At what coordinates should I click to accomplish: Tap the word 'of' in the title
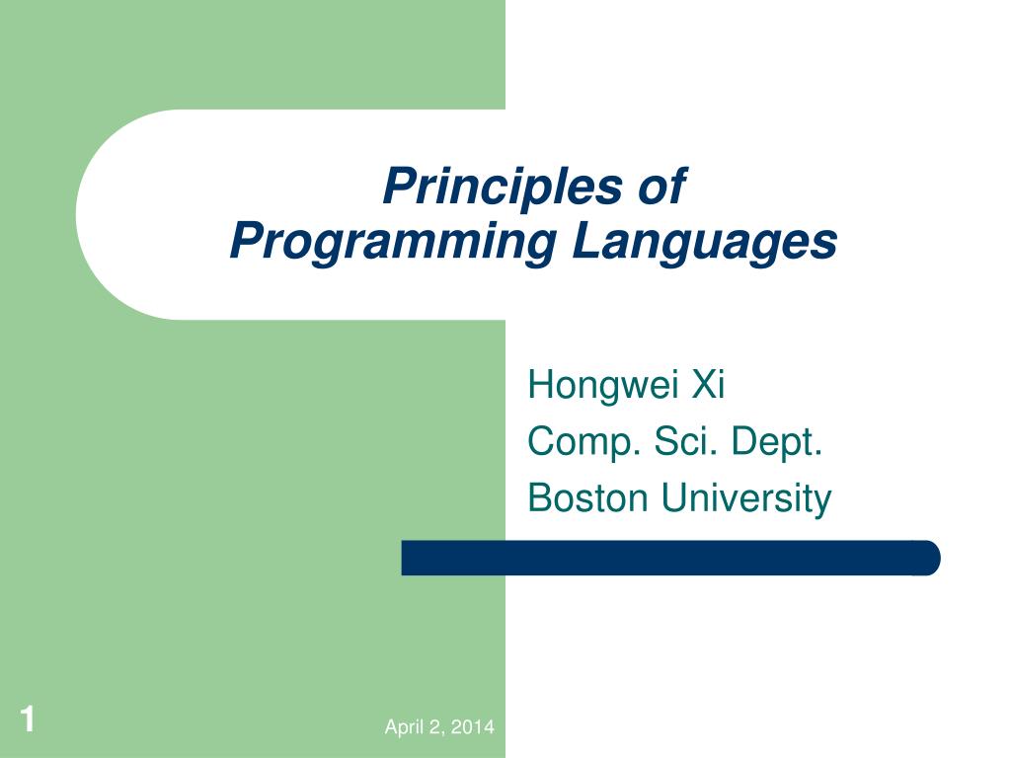pyautogui.click(x=661, y=187)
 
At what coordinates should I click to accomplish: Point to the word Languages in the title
pyautogui.click(x=704, y=242)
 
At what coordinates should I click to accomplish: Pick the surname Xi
pyautogui.click(x=708, y=384)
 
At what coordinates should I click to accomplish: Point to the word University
pyautogui.click(x=746, y=498)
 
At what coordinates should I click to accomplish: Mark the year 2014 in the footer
pyautogui.click(x=475, y=728)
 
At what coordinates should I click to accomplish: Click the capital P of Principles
pyautogui.click(x=395, y=187)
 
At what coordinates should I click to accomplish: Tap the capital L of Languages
pyautogui.click(x=584, y=242)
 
